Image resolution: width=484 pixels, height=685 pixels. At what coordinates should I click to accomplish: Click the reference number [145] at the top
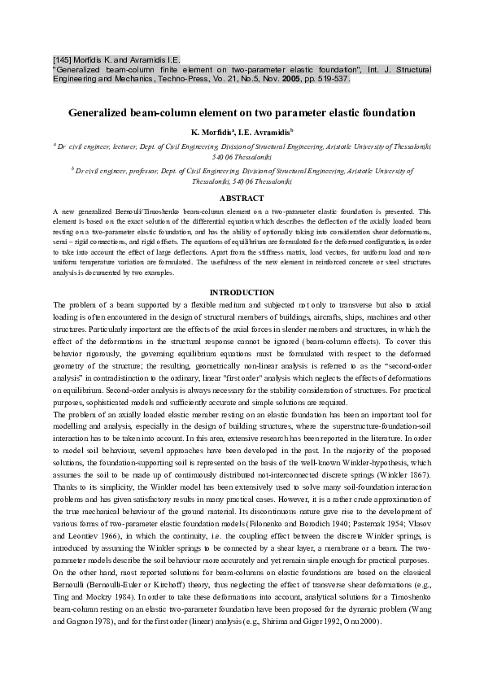(x=63, y=59)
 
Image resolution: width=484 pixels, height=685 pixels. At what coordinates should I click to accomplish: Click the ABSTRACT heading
(x=242, y=199)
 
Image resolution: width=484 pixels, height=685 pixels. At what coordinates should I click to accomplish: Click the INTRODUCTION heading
(x=242, y=292)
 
